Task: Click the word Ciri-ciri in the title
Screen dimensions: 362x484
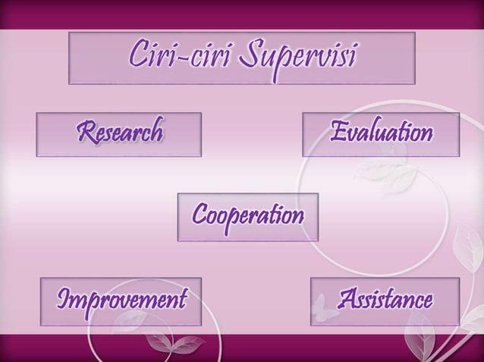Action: click(x=168, y=56)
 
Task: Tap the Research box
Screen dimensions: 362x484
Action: click(x=118, y=134)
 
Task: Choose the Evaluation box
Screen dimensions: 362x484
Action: click(x=380, y=134)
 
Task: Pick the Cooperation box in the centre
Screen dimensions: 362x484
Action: click(x=247, y=217)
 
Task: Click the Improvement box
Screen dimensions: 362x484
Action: click(x=120, y=301)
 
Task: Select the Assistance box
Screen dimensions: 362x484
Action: click(x=385, y=301)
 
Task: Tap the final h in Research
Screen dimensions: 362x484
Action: click(x=156, y=133)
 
